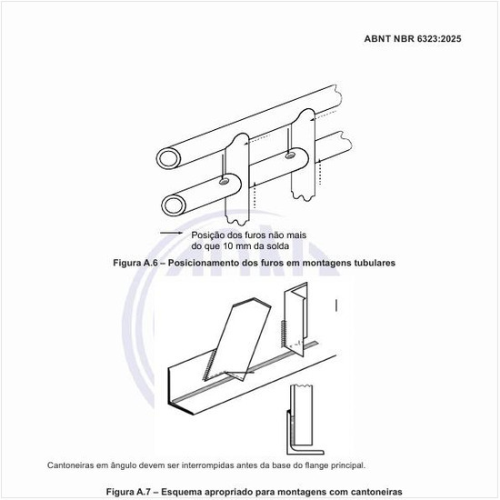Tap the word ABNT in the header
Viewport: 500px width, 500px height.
[377, 38]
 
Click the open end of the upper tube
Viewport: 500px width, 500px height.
[169, 158]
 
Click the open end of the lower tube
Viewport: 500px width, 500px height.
[175, 205]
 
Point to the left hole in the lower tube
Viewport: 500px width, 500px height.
[224, 182]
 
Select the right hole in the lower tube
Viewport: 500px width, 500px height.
[290, 155]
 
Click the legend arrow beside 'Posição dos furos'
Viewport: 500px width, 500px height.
[171, 233]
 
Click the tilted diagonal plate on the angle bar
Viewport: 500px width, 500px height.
[238, 339]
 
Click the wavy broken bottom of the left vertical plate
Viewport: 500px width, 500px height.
[237, 220]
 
